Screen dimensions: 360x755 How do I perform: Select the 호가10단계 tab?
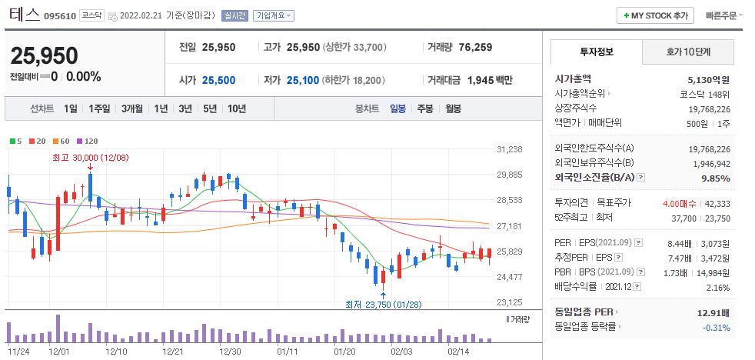[x=688, y=52]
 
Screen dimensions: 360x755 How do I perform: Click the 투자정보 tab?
[x=597, y=52]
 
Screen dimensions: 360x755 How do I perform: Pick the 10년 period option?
[x=236, y=108]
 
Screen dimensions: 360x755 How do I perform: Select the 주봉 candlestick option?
[x=425, y=108]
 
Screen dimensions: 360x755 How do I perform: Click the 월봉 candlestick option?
[x=453, y=108]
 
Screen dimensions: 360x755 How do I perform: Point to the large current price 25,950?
[x=44, y=56]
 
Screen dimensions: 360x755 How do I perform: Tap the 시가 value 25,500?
[x=218, y=80]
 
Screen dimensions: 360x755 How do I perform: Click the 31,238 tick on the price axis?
[x=510, y=149]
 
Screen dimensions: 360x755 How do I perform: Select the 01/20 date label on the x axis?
[x=344, y=350]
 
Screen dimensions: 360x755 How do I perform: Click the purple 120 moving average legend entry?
[x=88, y=141]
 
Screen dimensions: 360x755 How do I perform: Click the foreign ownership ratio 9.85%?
[x=715, y=178]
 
